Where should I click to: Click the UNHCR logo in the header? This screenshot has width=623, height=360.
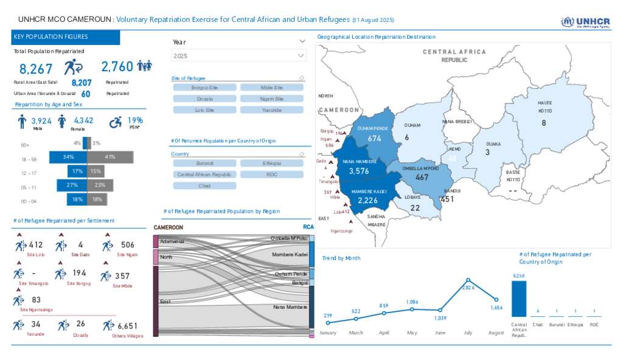[585, 22]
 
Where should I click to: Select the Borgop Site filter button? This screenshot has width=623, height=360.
[204, 88]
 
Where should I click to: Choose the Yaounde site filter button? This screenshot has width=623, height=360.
[271, 110]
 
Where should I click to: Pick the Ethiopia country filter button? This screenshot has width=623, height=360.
[271, 164]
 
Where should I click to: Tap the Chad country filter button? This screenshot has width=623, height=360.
[204, 185]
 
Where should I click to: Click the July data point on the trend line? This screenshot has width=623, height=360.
[468, 280]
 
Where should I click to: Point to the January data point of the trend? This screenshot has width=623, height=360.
[328, 322]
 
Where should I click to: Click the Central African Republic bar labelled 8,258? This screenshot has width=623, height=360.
[518, 299]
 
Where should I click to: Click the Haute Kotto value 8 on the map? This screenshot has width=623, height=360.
[544, 123]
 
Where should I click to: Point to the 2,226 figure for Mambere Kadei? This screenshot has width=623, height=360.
[368, 201]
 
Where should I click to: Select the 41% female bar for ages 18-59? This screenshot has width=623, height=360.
[110, 157]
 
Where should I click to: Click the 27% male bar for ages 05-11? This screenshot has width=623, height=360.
[72, 185]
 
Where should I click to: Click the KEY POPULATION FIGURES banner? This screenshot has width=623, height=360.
[66, 37]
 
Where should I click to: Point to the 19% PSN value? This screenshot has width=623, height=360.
[135, 120]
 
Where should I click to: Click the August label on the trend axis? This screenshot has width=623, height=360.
[496, 333]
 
